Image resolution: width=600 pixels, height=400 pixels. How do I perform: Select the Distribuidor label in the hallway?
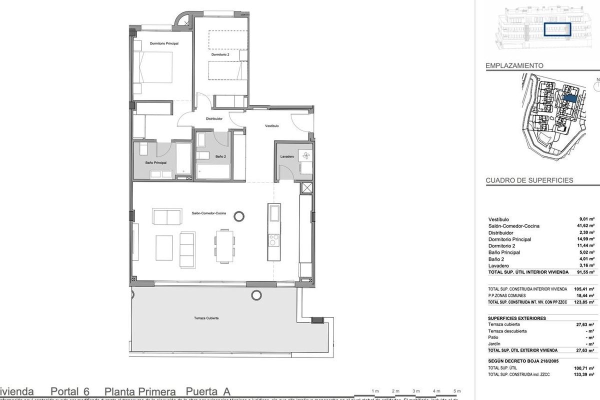214,118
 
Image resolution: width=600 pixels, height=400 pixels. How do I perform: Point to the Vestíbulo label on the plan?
271,126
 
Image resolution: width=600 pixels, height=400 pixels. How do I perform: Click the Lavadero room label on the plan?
286,156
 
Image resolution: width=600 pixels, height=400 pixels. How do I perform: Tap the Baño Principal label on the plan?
155,163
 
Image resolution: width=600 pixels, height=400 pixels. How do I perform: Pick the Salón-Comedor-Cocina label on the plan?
209,213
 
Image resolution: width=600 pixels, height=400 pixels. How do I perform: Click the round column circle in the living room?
239,216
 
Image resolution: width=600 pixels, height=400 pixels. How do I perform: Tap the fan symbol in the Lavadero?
304,156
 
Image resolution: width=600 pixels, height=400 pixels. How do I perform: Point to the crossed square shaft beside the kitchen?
307,188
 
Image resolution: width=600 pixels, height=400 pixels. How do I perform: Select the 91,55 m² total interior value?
583,272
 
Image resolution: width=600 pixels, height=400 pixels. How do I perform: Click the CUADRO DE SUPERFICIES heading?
529,180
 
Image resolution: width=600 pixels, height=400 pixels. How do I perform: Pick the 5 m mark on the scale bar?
456,390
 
